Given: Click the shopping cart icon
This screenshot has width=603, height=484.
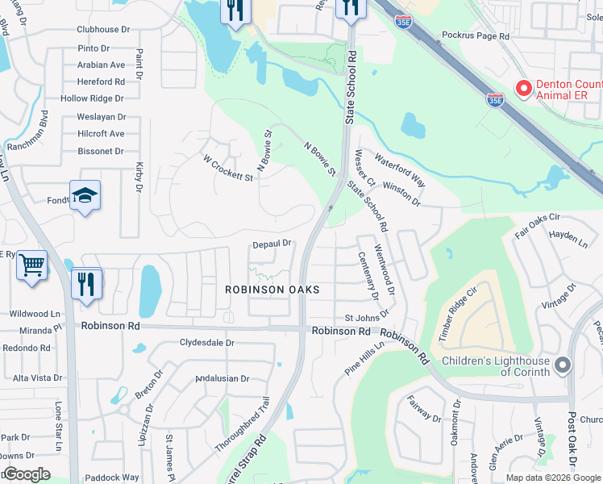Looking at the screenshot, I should pyautogui.click(x=31, y=264).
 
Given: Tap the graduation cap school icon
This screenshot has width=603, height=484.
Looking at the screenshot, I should pyautogui.click(x=85, y=196).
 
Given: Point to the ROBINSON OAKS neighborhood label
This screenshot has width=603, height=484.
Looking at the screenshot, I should pyautogui.click(x=272, y=289).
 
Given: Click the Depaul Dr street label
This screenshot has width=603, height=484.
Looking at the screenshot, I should pyautogui.click(x=271, y=244).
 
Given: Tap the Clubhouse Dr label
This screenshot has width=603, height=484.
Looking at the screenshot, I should pyautogui.click(x=103, y=30).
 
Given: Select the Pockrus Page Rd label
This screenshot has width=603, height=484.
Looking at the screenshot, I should pyautogui.click(x=476, y=36).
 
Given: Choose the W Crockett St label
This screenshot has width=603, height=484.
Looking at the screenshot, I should pyautogui.click(x=228, y=168).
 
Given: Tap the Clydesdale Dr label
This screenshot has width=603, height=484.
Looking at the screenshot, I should pyautogui.click(x=206, y=342).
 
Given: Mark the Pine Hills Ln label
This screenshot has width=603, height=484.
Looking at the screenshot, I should pyautogui.click(x=364, y=355).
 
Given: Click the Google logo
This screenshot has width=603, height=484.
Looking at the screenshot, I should pyautogui.click(x=27, y=474).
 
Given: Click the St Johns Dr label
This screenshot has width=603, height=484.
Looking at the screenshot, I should pyautogui.click(x=367, y=317).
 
